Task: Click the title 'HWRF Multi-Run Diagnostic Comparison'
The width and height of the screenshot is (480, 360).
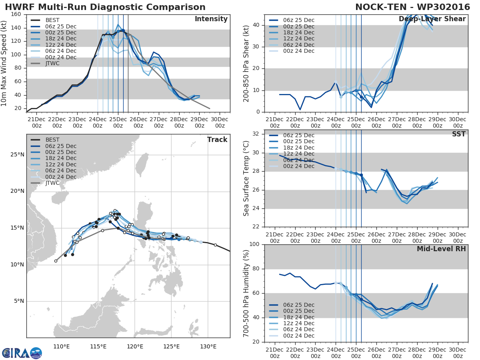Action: click(x=105, y=7)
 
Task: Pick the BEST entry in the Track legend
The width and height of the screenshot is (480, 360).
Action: click(x=53, y=140)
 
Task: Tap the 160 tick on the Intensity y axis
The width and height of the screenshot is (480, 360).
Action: click(x=17, y=14)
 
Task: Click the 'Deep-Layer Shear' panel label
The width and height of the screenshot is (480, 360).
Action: click(x=432, y=19)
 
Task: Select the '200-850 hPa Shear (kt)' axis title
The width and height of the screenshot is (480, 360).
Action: click(x=246, y=63)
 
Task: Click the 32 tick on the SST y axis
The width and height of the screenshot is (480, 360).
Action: click(x=257, y=134)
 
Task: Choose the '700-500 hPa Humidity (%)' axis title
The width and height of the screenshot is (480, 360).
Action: click(x=246, y=293)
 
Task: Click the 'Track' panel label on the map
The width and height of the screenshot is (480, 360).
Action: click(x=217, y=140)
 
